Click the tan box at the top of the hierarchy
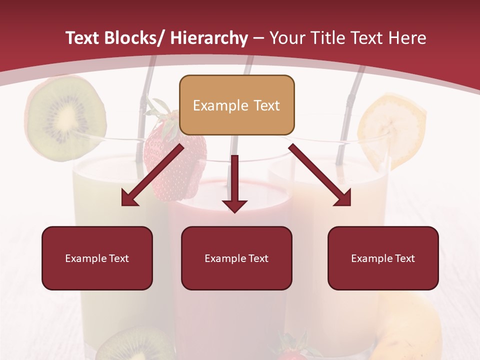(x=236, y=105)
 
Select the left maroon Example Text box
(x=97, y=258)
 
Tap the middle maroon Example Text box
(x=236, y=258)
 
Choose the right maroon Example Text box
(x=383, y=258)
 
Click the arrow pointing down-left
(x=150, y=175)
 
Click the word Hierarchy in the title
(x=209, y=38)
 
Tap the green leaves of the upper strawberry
(x=161, y=112)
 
